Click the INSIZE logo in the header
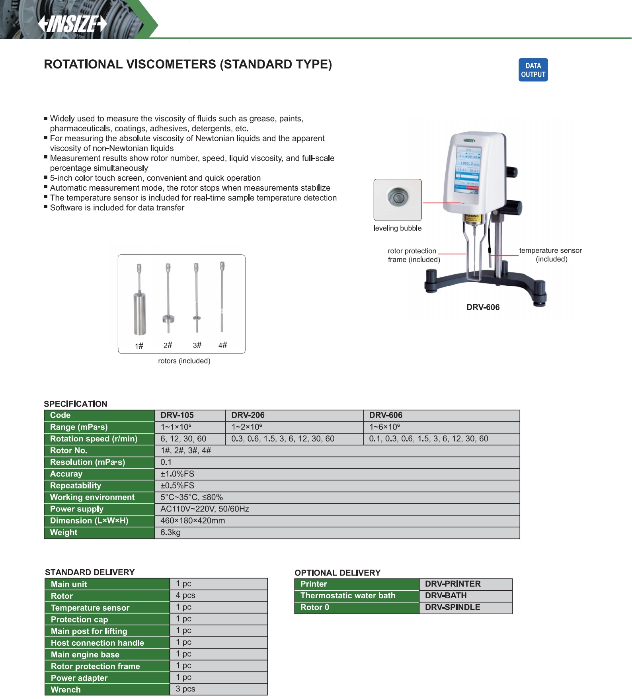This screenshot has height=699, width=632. (x=72, y=24)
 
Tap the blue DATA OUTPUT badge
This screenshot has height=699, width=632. (x=533, y=70)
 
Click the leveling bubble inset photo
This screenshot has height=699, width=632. (x=397, y=199)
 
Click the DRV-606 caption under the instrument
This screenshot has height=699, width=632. (x=483, y=307)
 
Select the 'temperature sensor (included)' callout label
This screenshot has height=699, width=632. (x=550, y=255)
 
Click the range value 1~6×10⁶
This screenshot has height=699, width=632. (x=384, y=427)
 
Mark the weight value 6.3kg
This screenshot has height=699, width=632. (x=170, y=533)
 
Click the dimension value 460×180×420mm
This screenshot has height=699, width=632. (x=193, y=521)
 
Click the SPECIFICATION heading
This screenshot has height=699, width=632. (x=76, y=404)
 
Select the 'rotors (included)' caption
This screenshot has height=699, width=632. (x=184, y=361)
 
